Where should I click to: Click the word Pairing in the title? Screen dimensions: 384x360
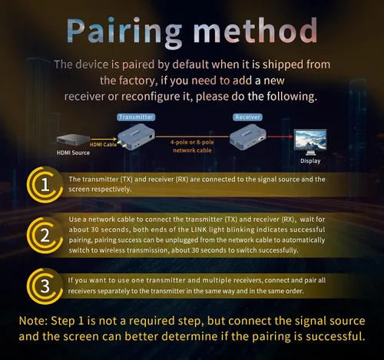click(124, 33)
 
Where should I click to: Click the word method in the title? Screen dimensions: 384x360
click(255, 30)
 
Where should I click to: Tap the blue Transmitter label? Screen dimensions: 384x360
click(136, 117)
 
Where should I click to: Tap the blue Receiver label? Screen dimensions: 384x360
click(247, 117)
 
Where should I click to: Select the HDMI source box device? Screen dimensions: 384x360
click(73, 140)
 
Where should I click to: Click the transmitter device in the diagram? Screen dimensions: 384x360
click(136, 137)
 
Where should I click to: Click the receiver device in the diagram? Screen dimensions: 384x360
click(248, 137)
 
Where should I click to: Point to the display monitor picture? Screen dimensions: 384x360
click(310, 142)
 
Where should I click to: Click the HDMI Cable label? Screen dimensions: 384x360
click(103, 144)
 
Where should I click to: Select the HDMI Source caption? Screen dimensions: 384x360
click(73, 153)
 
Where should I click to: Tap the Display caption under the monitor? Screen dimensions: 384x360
click(310, 161)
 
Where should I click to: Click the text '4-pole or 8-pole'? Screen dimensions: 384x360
click(192, 142)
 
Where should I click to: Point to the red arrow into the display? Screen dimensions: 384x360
click(280, 137)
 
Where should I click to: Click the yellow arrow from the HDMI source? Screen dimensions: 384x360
click(104, 140)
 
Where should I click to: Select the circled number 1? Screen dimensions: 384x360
click(45, 184)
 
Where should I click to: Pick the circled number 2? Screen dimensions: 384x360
click(45, 235)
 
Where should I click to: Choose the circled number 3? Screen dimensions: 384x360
click(45, 286)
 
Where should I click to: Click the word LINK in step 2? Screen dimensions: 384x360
click(199, 230)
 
